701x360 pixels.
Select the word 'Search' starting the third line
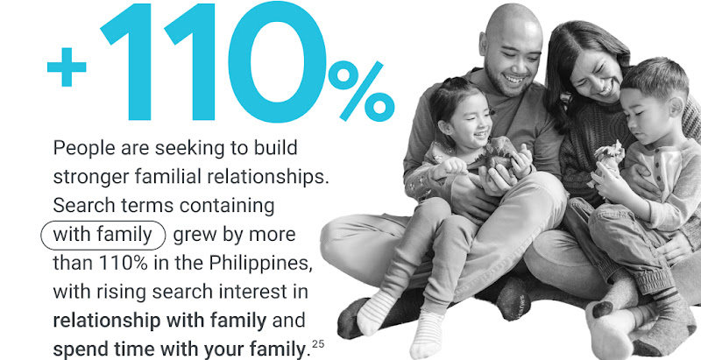[x=80, y=206]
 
